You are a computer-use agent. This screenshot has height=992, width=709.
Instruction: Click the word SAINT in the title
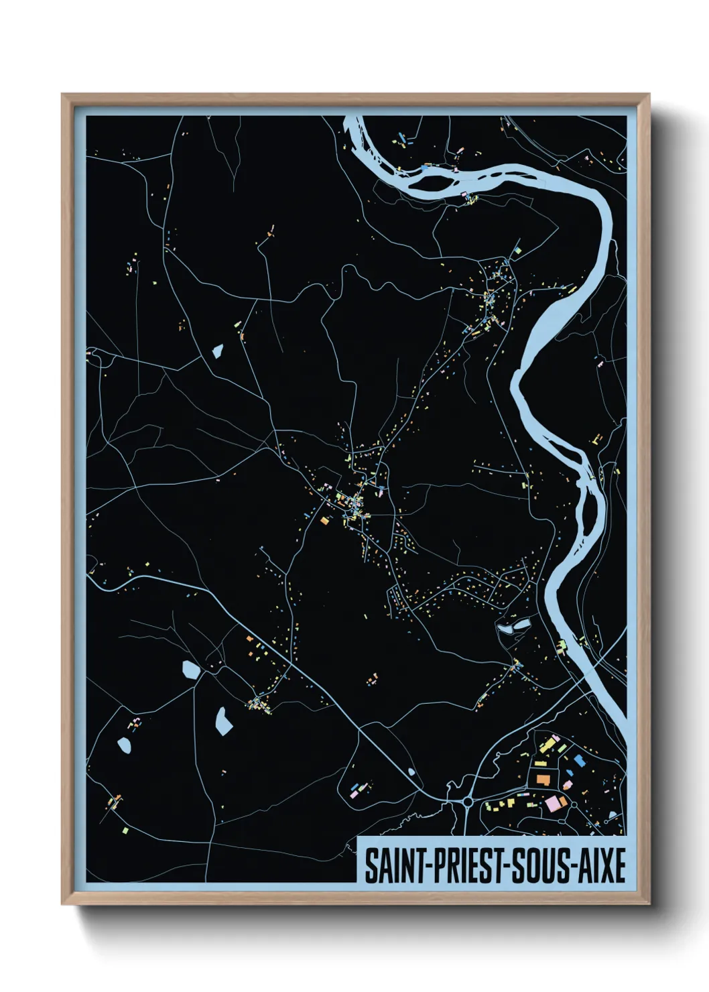391,866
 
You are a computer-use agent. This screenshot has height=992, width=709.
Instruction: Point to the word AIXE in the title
600,866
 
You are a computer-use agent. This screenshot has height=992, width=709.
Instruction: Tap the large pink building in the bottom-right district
555,803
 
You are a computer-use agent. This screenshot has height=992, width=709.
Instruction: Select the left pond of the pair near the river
504,629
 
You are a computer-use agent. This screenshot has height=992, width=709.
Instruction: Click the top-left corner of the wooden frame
62,95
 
